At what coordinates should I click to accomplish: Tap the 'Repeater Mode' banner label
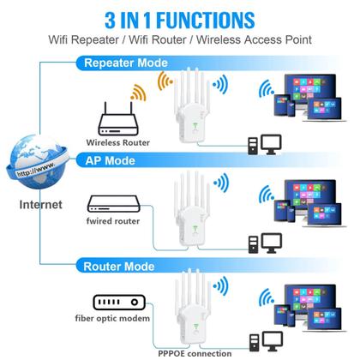click(127, 63)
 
